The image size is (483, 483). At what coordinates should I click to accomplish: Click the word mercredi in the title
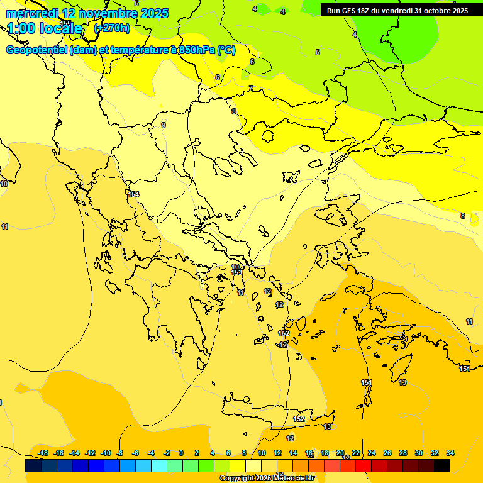coord(31,13)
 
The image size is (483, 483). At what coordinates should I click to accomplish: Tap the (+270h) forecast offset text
coord(111,28)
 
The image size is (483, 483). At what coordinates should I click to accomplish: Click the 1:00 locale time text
coord(45,28)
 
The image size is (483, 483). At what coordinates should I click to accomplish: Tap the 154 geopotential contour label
coord(133,194)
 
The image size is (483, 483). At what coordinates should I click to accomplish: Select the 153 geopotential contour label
coord(236,272)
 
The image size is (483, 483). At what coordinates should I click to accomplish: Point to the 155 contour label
coord(65,23)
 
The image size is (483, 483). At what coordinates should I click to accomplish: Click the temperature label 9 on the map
coord(164,125)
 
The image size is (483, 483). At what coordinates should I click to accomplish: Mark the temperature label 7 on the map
coord(250,88)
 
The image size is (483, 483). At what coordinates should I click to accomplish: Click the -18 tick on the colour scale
coord(43,453)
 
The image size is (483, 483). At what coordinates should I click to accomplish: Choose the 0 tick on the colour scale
coord(181,453)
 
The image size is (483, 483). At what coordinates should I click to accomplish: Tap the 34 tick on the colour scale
coord(450,453)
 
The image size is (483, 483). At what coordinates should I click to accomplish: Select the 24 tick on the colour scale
coord(372,453)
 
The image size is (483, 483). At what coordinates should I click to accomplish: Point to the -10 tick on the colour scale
coord(106,453)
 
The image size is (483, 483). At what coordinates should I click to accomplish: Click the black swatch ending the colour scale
coord(442,465)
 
